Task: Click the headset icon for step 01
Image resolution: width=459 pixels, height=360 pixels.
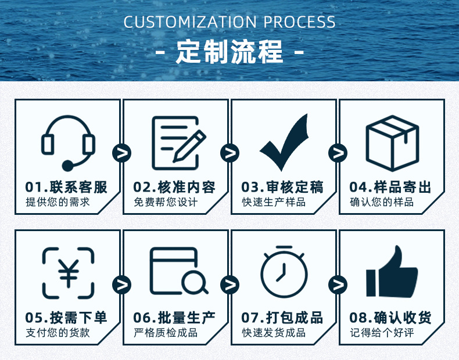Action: (68, 142)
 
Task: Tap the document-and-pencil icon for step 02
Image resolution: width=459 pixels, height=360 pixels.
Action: (177, 142)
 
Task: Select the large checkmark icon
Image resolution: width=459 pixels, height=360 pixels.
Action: (284, 142)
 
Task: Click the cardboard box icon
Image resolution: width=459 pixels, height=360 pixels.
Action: (392, 142)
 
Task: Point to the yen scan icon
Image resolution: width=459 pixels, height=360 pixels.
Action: (68, 273)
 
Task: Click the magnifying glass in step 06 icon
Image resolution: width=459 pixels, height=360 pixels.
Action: (195, 282)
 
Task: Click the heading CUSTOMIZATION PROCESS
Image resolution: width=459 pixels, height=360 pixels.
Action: (229, 23)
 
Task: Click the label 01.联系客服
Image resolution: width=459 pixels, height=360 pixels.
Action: (67, 187)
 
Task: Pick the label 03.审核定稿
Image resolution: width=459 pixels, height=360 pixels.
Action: (282, 187)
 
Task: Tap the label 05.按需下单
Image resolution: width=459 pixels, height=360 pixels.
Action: (67, 318)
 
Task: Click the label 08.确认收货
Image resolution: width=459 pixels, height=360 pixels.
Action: (390, 318)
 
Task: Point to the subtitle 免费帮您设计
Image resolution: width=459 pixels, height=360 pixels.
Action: (166, 203)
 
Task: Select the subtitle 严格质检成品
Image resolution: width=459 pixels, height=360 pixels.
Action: (166, 333)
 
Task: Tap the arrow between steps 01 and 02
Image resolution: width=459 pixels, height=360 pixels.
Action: (121, 153)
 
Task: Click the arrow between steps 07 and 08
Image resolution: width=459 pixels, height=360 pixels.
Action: (338, 285)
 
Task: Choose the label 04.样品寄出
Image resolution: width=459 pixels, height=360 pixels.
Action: (390, 187)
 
